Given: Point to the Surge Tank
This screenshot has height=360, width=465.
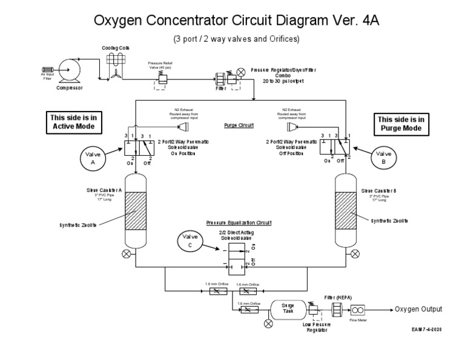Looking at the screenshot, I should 288,309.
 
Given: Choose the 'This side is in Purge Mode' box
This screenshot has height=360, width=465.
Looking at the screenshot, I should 401,124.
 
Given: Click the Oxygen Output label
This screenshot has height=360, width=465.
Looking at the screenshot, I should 419,309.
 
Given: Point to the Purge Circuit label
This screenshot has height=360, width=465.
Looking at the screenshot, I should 239,125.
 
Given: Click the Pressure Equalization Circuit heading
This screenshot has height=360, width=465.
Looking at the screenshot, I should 239,223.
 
